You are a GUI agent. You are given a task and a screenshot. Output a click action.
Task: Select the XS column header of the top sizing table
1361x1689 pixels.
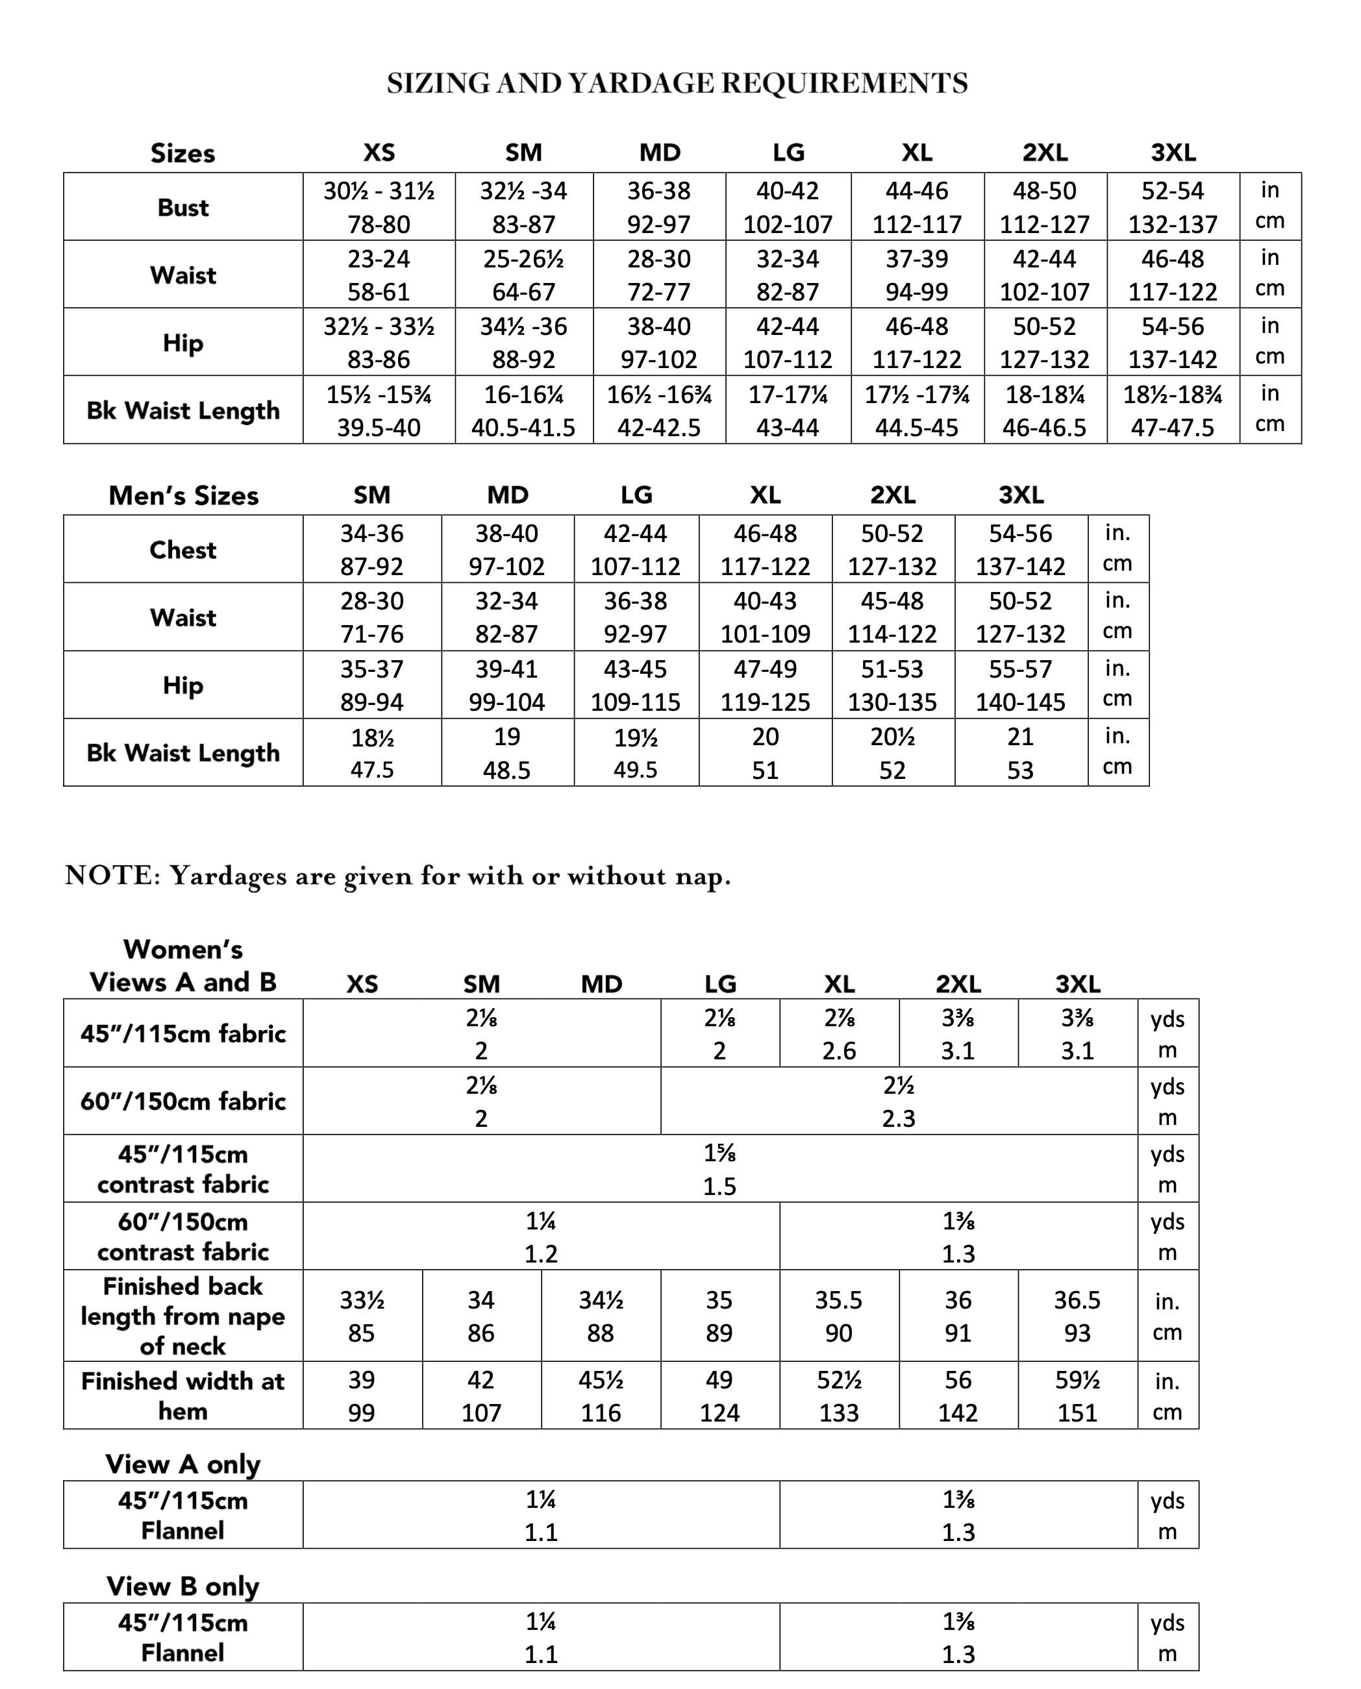point(379,152)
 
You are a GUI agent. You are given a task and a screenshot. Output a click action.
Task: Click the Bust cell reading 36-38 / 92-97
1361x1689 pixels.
point(658,207)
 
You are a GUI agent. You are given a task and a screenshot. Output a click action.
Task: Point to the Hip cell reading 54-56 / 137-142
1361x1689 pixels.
point(1172,343)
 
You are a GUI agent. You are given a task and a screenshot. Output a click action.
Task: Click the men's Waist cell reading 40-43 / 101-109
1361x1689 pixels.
point(764,617)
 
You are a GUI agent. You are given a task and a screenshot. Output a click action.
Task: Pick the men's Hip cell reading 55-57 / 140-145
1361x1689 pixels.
point(1020,685)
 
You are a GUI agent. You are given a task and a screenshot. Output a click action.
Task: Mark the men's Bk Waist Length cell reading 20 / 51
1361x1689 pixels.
point(764,752)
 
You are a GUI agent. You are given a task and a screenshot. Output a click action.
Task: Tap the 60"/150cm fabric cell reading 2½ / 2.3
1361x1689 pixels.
point(899,1101)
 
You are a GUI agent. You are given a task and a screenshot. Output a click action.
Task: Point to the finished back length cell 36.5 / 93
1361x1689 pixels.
point(1077,1316)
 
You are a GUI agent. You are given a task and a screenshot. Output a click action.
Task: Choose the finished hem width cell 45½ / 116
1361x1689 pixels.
point(601,1396)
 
